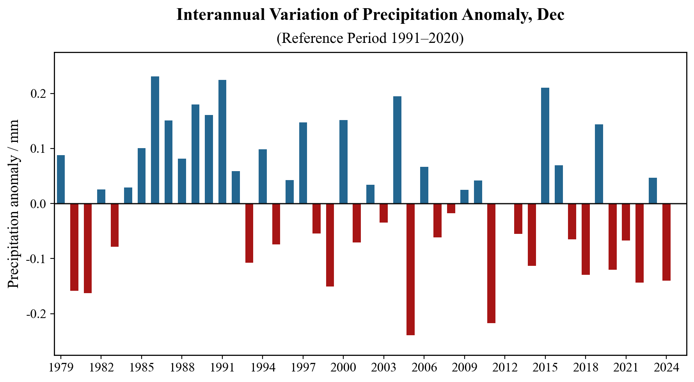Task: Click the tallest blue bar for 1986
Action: click(x=155, y=140)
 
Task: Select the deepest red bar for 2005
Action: click(x=410, y=269)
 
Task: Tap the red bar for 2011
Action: click(x=491, y=263)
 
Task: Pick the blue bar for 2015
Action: click(x=545, y=145)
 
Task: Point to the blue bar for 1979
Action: click(x=61, y=179)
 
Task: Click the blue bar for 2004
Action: click(x=397, y=150)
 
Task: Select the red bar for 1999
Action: click(x=330, y=245)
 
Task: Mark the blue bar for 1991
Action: click(x=222, y=141)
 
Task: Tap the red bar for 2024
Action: click(x=666, y=242)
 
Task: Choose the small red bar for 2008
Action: click(x=451, y=208)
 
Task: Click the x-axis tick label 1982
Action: click(x=101, y=368)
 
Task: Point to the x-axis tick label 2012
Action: click(x=505, y=368)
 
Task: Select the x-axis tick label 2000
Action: click(x=343, y=368)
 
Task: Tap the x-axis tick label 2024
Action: click(x=666, y=368)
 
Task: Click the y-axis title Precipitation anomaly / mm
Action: click(x=14, y=204)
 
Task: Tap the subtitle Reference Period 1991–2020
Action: click(x=370, y=38)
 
